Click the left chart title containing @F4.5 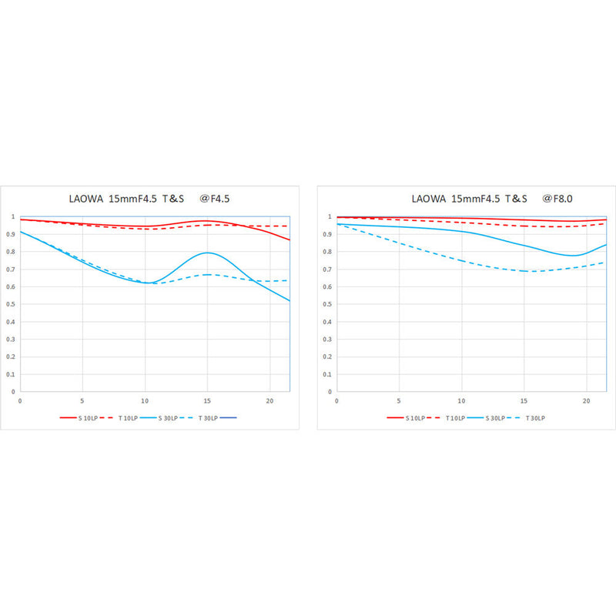(149, 199)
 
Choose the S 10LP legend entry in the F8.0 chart (406, 418)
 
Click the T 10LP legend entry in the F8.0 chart (448, 418)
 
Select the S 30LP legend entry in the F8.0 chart (490, 418)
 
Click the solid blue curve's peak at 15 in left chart (207, 253)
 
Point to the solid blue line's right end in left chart (290, 300)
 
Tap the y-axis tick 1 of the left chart (12, 217)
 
